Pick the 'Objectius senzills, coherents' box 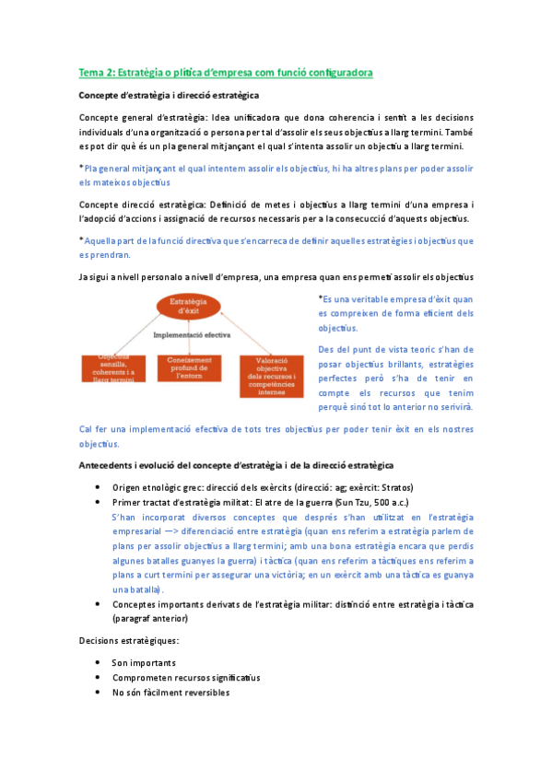(x=112, y=369)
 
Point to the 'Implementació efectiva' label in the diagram (x=192, y=336)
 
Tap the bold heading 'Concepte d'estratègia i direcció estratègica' (x=169, y=95)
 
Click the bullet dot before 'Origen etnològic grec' (x=99, y=487)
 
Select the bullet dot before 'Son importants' (x=99, y=663)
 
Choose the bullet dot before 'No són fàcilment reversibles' (x=99, y=693)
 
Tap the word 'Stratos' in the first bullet (x=393, y=487)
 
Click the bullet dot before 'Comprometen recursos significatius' (x=99, y=678)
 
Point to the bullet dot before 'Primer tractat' (x=99, y=502)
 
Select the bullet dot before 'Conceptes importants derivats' (x=99, y=604)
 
